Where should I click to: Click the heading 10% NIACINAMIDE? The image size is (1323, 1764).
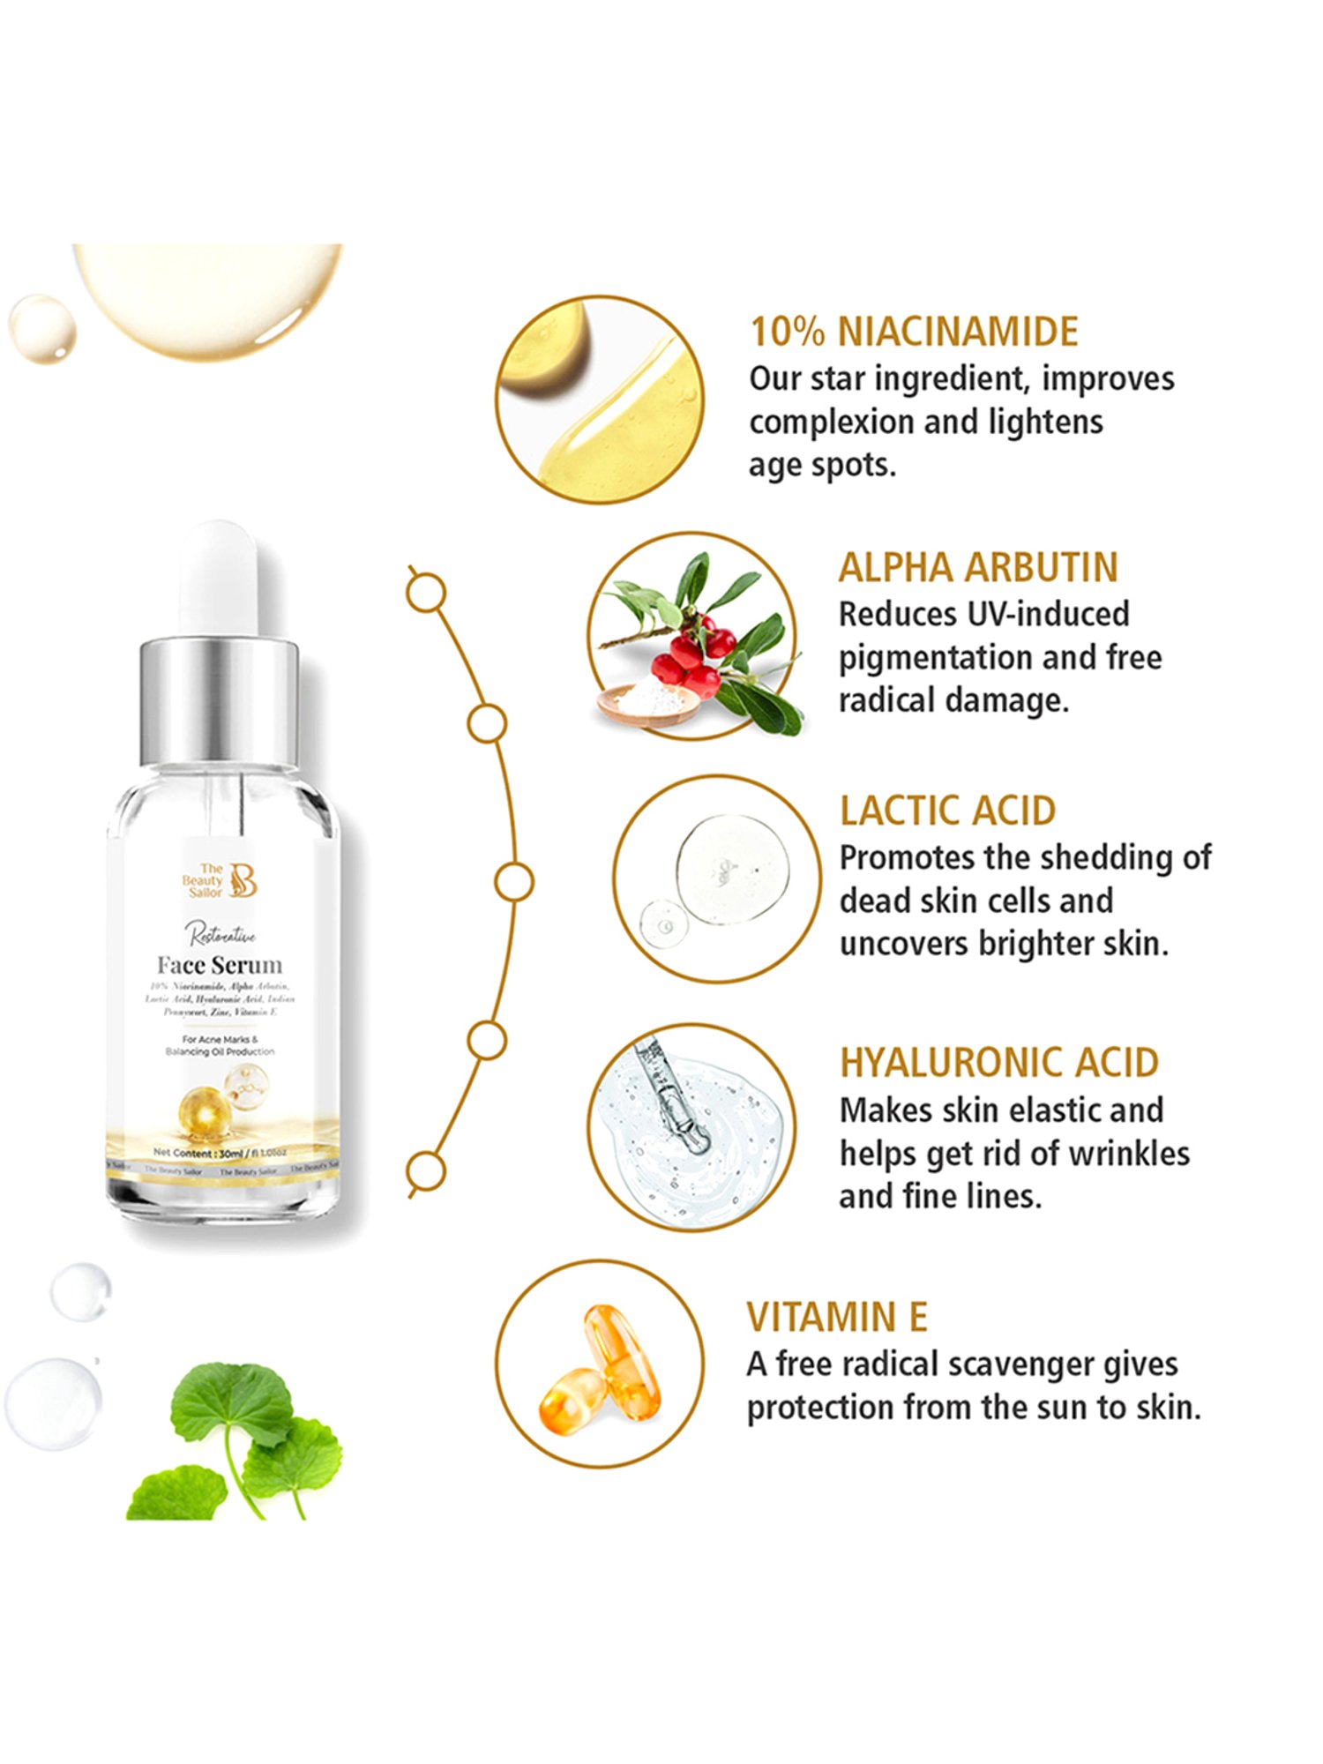point(914,332)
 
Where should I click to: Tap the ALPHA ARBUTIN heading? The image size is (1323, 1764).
point(978,567)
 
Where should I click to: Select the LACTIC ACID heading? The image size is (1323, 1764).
point(947,811)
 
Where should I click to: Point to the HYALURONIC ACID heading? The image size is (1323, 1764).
point(998,1063)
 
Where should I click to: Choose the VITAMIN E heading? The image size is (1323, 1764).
point(837,1317)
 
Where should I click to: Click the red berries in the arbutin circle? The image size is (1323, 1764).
point(697,657)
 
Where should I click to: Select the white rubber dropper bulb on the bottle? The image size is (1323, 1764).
point(219,578)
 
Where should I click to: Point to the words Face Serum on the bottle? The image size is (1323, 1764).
point(220,965)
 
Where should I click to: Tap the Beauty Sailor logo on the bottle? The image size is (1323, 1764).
point(220,881)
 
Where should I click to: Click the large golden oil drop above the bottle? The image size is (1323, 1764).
point(208,295)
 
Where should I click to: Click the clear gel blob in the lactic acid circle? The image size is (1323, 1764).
point(732,869)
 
